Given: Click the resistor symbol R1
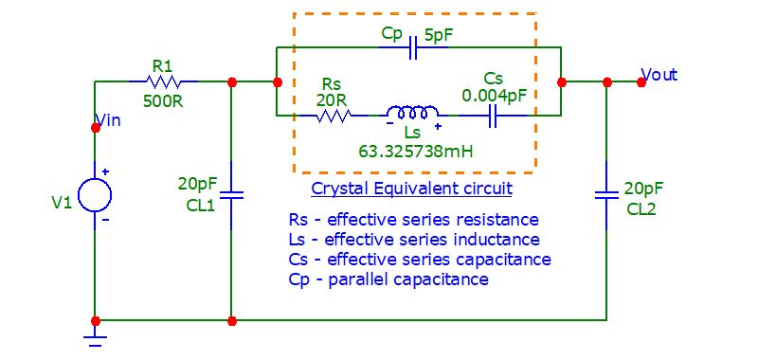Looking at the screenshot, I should coord(162,81).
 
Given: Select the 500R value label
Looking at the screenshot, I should coord(162,99).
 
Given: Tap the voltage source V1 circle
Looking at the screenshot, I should coord(95,195).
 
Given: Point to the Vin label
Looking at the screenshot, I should coord(109,120).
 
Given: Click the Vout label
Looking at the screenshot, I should coord(659,74).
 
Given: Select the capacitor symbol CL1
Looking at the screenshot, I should coord(231,195).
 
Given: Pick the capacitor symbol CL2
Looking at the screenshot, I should coord(606,195).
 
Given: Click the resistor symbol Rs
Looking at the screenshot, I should coord(334,116).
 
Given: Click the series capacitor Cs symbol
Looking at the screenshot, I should coord(493,116).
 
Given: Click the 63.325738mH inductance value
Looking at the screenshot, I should coord(415,150).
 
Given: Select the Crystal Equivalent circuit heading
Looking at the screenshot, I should coord(411,189).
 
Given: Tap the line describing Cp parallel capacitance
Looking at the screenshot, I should coord(388,279).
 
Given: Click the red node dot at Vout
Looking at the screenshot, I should coord(641,81).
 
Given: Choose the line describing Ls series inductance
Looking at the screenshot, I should coord(414,240).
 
